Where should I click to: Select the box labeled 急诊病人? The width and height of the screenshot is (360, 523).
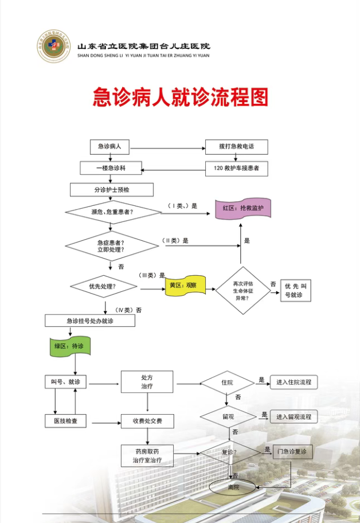coord(110,147)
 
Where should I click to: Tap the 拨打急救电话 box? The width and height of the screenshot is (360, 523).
coord(236,147)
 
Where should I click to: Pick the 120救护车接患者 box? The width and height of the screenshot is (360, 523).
coord(236,169)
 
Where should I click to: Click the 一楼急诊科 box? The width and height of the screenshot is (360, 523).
coord(111,169)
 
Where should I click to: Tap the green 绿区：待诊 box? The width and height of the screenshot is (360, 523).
coord(69,347)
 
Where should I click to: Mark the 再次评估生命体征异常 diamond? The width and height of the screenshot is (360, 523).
coord(242,290)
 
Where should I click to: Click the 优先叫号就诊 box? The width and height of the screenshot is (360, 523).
coord(296,291)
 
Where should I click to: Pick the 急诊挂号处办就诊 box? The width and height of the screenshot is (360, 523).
coord(90,321)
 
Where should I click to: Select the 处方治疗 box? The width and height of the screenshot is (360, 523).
coord(147,382)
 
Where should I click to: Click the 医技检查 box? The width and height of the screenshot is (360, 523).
coord(65,421)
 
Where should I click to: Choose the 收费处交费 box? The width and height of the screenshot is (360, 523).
coord(147,421)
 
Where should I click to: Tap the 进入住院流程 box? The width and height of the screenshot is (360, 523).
coord(294,382)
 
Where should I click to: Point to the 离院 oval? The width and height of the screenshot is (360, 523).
coord(233,487)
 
